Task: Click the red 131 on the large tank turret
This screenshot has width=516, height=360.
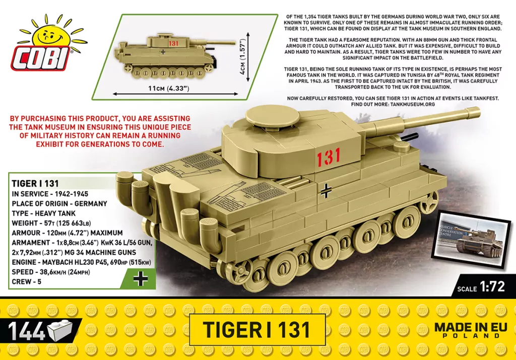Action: click(x=329, y=157)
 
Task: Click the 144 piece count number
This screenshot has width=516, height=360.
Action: click(x=26, y=331)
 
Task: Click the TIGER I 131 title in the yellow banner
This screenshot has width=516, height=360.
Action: click(x=257, y=330)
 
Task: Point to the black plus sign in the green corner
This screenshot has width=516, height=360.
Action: click(x=141, y=278)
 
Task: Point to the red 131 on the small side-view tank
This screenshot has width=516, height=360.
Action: click(x=174, y=44)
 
